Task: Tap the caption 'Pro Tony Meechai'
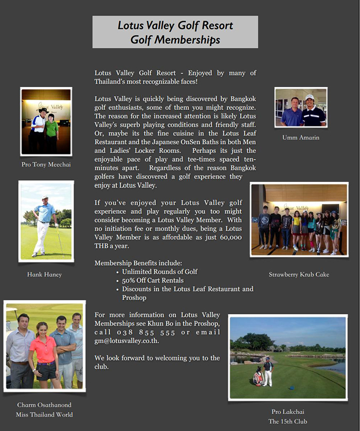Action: coord(46,164)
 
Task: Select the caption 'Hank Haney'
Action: coord(44,274)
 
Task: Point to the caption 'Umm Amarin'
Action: coord(300,137)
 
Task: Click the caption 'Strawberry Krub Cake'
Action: coord(299,274)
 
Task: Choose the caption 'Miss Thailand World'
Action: coord(44,415)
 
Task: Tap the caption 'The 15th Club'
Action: coord(287,421)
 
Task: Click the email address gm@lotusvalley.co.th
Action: coord(127,341)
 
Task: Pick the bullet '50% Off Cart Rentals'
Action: coord(153,280)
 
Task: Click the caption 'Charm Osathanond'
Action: coord(44,405)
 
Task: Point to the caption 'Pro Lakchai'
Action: coord(287,411)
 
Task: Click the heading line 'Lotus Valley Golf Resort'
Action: coord(175,25)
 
